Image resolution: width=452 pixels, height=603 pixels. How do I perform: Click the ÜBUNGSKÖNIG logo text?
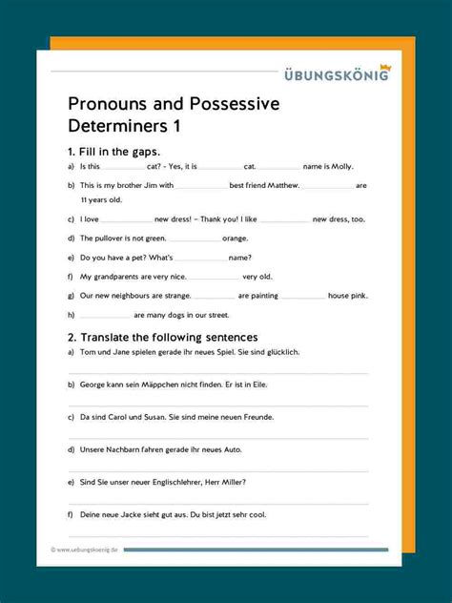336,76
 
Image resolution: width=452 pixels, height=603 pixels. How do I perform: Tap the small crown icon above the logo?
384,67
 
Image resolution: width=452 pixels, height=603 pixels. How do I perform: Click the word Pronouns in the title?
108,104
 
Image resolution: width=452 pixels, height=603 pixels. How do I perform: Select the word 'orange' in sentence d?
236,238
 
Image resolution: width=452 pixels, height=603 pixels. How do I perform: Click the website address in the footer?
88,550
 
